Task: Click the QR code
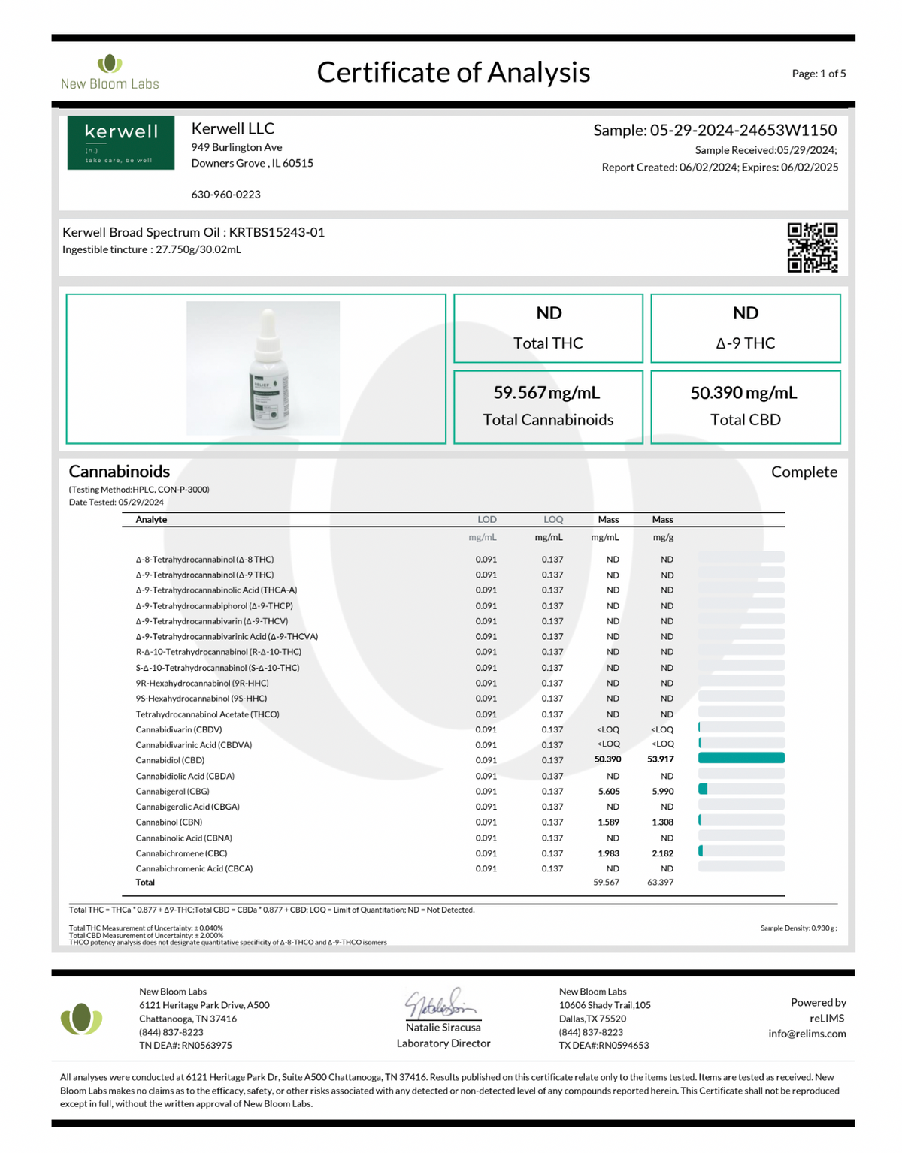pos(813,247)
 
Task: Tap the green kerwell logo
pos(121,143)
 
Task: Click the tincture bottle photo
pos(263,368)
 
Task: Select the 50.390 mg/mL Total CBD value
pos(743,393)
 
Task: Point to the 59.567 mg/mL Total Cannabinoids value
pos(547,393)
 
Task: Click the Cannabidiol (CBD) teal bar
pos(741,759)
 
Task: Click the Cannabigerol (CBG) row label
pos(172,792)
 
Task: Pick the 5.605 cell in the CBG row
pos(608,792)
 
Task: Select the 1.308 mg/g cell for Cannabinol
pos(662,822)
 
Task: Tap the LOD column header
pos(486,520)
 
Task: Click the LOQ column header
pos(553,520)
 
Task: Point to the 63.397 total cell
pos(660,883)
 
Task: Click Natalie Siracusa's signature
pos(441,1004)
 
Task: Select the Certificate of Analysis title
pos(453,72)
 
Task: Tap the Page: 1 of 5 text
pos(819,74)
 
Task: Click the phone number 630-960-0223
pos(225,195)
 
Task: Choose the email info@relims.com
pos(807,1034)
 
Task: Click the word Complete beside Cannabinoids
pos(804,472)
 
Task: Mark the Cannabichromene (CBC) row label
pos(181,853)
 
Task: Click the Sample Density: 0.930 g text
pos(798,928)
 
